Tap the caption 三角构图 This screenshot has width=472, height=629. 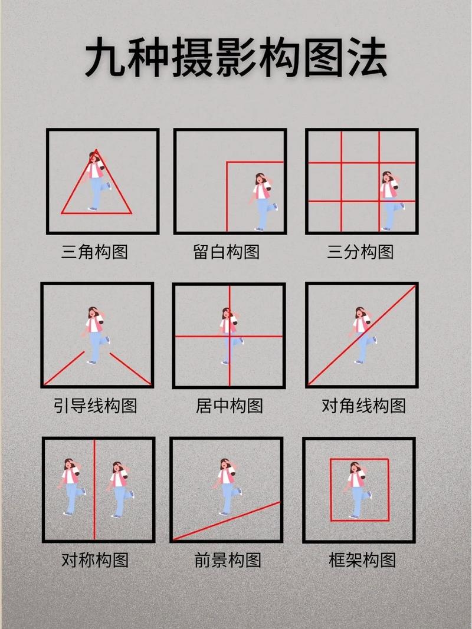pos(94,252)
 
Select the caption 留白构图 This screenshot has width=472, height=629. pos(227,252)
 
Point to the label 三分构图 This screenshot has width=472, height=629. pos(360,252)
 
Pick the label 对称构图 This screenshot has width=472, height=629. pos(95,559)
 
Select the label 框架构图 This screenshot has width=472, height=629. pos(362,559)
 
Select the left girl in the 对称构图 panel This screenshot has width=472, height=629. pos(71,487)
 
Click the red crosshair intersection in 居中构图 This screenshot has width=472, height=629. pos(229,336)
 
